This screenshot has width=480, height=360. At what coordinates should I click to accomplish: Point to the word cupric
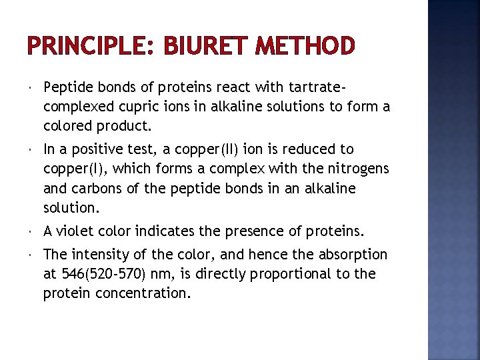(135, 106)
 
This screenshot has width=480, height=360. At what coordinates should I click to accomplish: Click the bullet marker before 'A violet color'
(31, 232)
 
